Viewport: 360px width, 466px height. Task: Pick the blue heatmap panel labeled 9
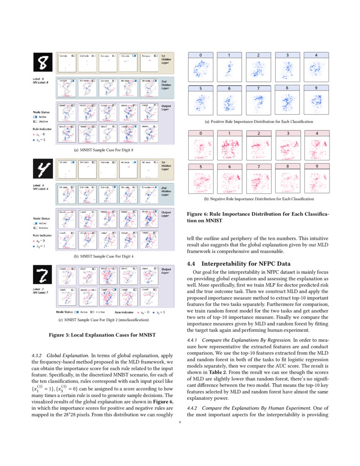[316, 100]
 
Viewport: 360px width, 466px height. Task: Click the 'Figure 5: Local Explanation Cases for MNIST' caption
[102, 335]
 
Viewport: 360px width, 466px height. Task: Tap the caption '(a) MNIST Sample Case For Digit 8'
[103, 150]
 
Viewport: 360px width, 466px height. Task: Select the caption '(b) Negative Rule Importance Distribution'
[259, 199]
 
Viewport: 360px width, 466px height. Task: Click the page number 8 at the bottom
[180, 422]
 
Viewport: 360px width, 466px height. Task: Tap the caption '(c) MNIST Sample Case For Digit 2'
[103, 319]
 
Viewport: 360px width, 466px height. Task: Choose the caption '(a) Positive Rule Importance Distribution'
[259, 122]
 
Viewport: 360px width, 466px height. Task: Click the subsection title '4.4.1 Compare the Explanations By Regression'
[238, 340]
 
